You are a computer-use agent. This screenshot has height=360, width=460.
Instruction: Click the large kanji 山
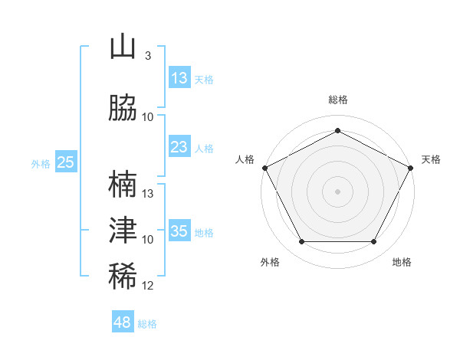point(123,46)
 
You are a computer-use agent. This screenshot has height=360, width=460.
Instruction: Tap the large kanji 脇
point(123,107)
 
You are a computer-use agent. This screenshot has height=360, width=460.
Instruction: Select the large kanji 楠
point(123,184)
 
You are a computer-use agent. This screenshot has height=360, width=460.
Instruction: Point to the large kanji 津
point(123,230)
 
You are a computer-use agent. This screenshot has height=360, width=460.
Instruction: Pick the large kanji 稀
point(123,276)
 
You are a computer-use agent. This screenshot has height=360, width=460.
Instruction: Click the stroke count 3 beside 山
point(148,56)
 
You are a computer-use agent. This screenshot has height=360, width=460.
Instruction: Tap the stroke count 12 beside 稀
point(147,286)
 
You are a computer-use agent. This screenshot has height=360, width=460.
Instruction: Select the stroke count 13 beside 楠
point(147,194)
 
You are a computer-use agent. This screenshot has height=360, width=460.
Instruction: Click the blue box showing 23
point(180,146)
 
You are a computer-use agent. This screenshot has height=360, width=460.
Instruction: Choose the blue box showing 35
point(180,230)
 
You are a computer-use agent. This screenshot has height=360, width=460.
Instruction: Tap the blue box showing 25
point(66,162)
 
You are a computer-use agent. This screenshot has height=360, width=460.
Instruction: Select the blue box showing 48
point(123,321)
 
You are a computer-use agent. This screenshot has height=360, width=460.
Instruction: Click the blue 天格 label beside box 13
point(204,80)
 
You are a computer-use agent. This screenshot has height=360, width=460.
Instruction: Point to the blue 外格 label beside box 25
point(41,164)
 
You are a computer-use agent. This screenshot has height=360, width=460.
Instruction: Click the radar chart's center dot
point(337,191)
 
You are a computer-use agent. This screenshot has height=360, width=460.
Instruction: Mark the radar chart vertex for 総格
point(337,130)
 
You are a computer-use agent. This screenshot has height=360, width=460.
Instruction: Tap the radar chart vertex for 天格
point(410,168)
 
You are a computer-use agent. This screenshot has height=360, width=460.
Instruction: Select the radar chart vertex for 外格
point(302,241)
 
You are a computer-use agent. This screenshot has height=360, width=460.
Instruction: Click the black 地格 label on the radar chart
point(402,262)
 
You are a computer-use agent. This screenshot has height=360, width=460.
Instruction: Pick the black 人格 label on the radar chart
point(245,159)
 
